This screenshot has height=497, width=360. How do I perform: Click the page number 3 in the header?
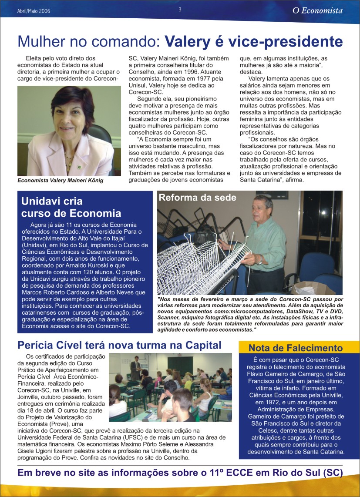(180, 10)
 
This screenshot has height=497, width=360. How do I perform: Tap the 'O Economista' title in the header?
(317, 11)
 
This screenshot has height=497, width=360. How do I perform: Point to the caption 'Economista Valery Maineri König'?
(61, 181)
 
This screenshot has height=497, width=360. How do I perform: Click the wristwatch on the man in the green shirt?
(259, 260)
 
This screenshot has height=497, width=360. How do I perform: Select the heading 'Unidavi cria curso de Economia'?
(71, 207)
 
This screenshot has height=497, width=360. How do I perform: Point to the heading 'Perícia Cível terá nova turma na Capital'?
(119, 345)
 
